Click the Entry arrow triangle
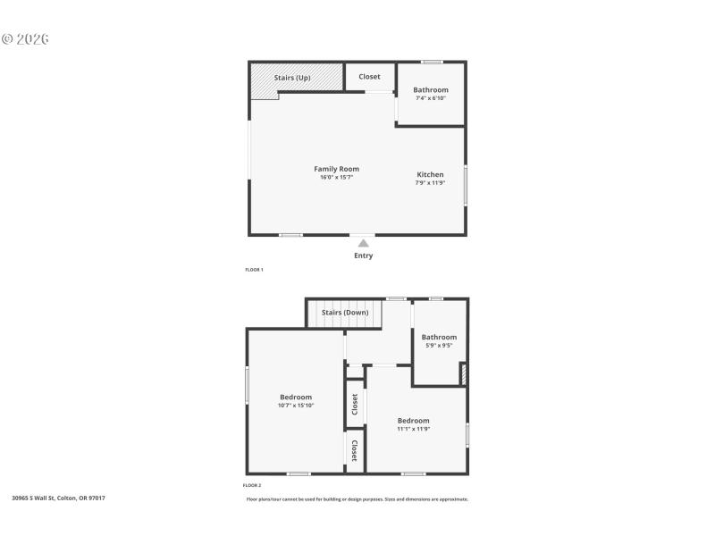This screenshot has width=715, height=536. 363,243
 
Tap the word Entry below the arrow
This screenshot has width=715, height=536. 363,255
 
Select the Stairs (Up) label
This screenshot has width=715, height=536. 292,78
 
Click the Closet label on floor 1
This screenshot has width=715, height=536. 369,77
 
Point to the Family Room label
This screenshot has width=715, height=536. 336,169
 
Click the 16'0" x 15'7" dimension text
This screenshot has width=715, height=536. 336,177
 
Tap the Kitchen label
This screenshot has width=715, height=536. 430,174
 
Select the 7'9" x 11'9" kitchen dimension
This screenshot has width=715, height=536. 430,182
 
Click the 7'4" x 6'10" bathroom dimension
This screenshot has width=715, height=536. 431,97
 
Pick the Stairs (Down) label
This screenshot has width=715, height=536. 345,313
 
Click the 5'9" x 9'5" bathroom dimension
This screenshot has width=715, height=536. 438,345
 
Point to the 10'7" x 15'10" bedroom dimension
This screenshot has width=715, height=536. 296,405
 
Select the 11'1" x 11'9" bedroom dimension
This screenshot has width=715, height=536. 414,428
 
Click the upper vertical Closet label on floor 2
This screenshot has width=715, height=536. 355,404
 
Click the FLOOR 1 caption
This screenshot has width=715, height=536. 255,269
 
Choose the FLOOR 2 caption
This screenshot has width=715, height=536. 252,485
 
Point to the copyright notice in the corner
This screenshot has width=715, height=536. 25,39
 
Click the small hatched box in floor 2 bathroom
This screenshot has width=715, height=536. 463,373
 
